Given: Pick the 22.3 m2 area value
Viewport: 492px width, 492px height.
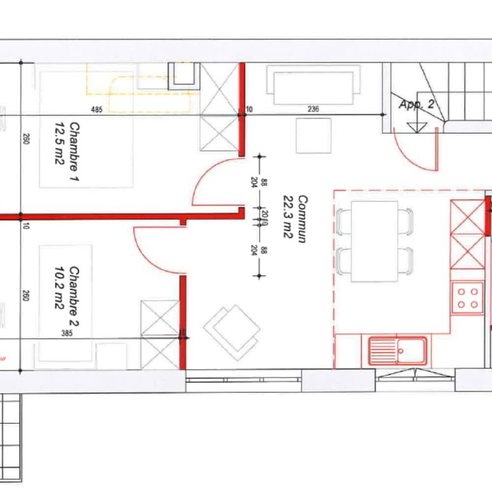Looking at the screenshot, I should pos(288,218).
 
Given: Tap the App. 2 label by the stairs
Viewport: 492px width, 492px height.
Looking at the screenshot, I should pos(416,104).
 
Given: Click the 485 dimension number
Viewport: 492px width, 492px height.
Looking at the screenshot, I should pos(96,110).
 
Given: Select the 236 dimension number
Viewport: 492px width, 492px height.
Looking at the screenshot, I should pos(313,110).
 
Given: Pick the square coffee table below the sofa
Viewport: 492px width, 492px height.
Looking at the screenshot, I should pos(313,135).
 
